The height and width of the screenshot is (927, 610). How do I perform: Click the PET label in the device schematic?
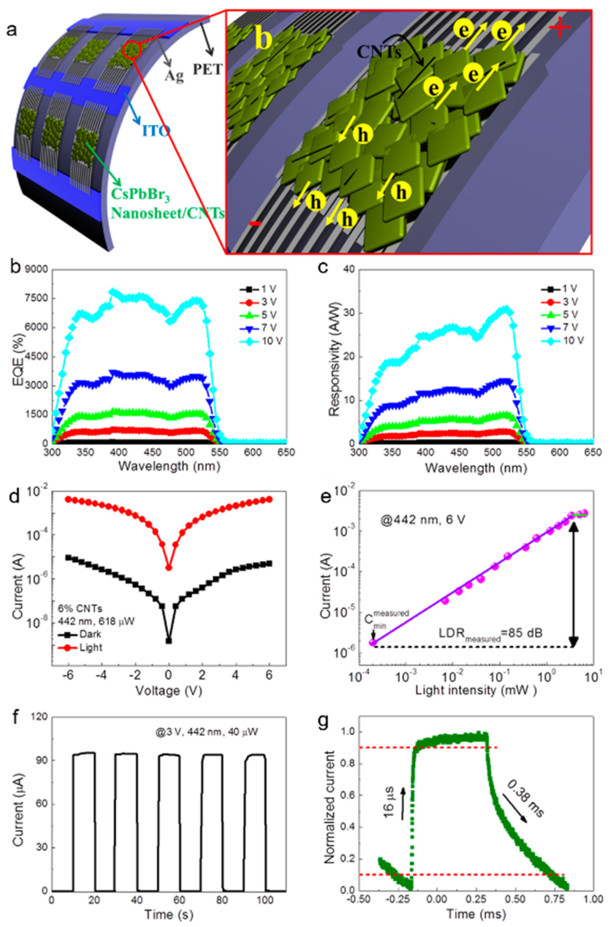pyautogui.click(x=207, y=69)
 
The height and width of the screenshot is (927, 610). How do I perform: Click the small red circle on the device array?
pyautogui.click(x=132, y=50)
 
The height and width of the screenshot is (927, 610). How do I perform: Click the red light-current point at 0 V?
pyautogui.click(x=169, y=568)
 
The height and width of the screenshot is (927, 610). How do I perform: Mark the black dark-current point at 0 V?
pyautogui.click(x=169, y=641)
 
